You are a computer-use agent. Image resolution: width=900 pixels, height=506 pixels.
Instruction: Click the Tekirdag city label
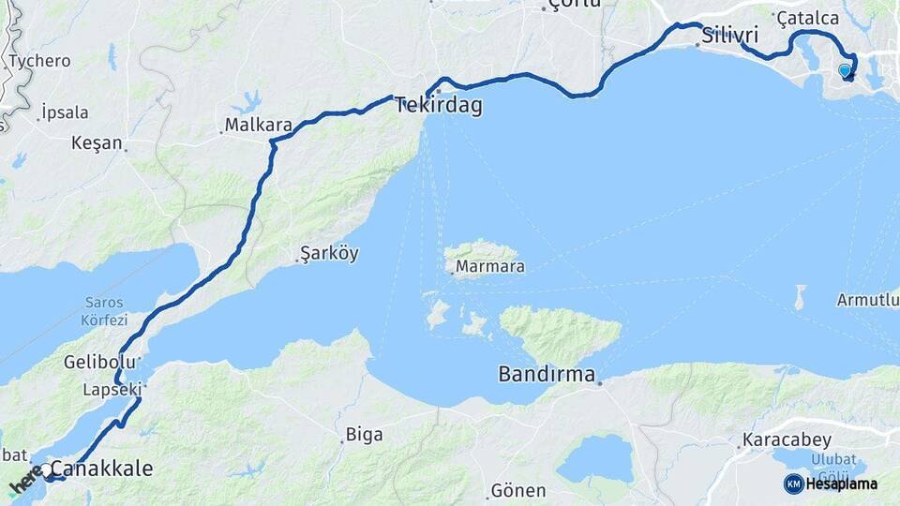pos(439,106)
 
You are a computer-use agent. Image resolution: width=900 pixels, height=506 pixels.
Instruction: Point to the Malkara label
pos(260,125)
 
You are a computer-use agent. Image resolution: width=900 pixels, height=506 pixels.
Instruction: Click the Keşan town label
pos(97,143)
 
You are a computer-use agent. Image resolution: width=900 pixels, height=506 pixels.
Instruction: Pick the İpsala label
pos(65,112)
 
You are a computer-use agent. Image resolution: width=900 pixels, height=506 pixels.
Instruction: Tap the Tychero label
pos(39,61)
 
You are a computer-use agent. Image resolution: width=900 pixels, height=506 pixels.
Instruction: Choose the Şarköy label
pos(329,254)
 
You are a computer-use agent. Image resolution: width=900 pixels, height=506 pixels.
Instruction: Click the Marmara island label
pos(489,267)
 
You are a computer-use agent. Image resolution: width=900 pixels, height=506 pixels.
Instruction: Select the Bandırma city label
pos(547,376)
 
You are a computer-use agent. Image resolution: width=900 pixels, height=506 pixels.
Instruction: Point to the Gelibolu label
pos(95,362)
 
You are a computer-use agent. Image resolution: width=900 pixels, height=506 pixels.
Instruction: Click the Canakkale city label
pos(101,469)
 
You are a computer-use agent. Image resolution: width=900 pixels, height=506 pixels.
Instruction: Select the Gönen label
pos(518,491)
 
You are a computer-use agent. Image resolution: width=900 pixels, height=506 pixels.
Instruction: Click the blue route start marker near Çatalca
pos(845,69)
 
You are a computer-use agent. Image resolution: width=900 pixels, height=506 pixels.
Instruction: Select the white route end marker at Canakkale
pos(46,469)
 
